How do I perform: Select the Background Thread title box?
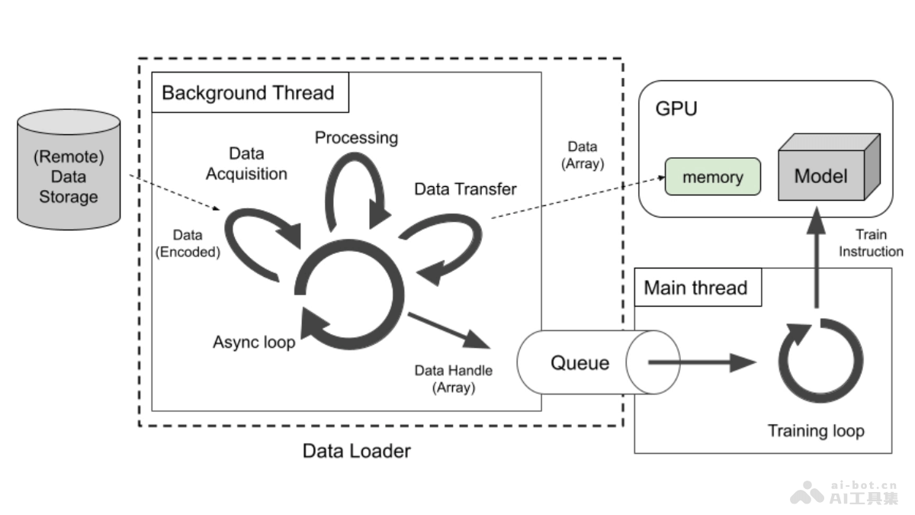pyautogui.click(x=249, y=93)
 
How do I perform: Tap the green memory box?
pyautogui.click(x=712, y=177)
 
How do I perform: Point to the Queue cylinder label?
pyautogui.click(x=579, y=362)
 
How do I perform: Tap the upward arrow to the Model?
pyautogui.click(x=817, y=259)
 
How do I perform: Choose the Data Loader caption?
pyautogui.click(x=356, y=451)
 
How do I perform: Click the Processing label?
pyautogui.click(x=356, y=138)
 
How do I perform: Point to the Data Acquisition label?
pyautogui.click(x=246, y=164)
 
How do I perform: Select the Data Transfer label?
pyautogui.click(x=465, y=188)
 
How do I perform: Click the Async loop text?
pyautogui.click(x=253, y=343)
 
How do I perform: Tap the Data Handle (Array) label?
pyautogui.click(x=453, y=378)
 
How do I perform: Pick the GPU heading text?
pyautogui.click(x=676, y=108)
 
